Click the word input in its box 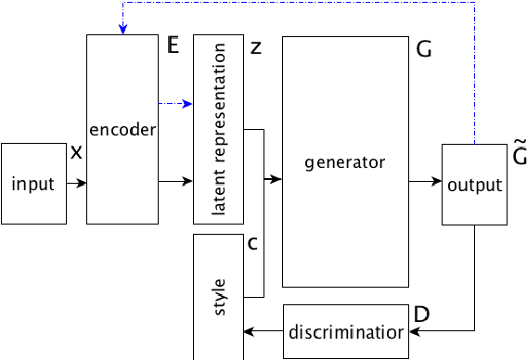point(33,184)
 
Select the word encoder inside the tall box point(123,130)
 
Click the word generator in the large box point(344,161)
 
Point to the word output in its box point(474,185)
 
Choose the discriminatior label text point(346,331)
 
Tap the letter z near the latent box point(255,49)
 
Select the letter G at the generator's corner point(424,50)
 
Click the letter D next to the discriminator point(421,315)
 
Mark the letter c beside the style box point(251,244)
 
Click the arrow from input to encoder point(77,184)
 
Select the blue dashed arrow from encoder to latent point(176,103)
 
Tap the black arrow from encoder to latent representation point(176,183)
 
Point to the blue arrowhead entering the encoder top point(123,30)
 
